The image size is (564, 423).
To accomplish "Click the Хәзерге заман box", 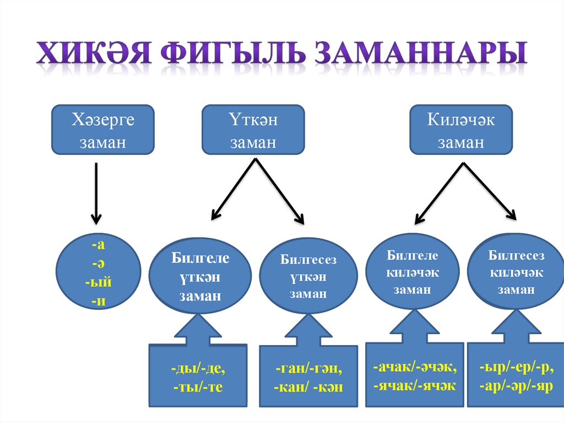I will [x=102, y=130].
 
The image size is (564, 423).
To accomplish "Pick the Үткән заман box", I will [x=253, y=130].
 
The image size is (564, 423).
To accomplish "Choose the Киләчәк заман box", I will [x=461, y=130].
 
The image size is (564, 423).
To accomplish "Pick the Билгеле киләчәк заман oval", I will [x=412, y=272].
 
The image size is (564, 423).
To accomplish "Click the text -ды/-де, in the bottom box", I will [x=198, y=368].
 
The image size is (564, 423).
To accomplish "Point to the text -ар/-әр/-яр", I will [x=516, y=385].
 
